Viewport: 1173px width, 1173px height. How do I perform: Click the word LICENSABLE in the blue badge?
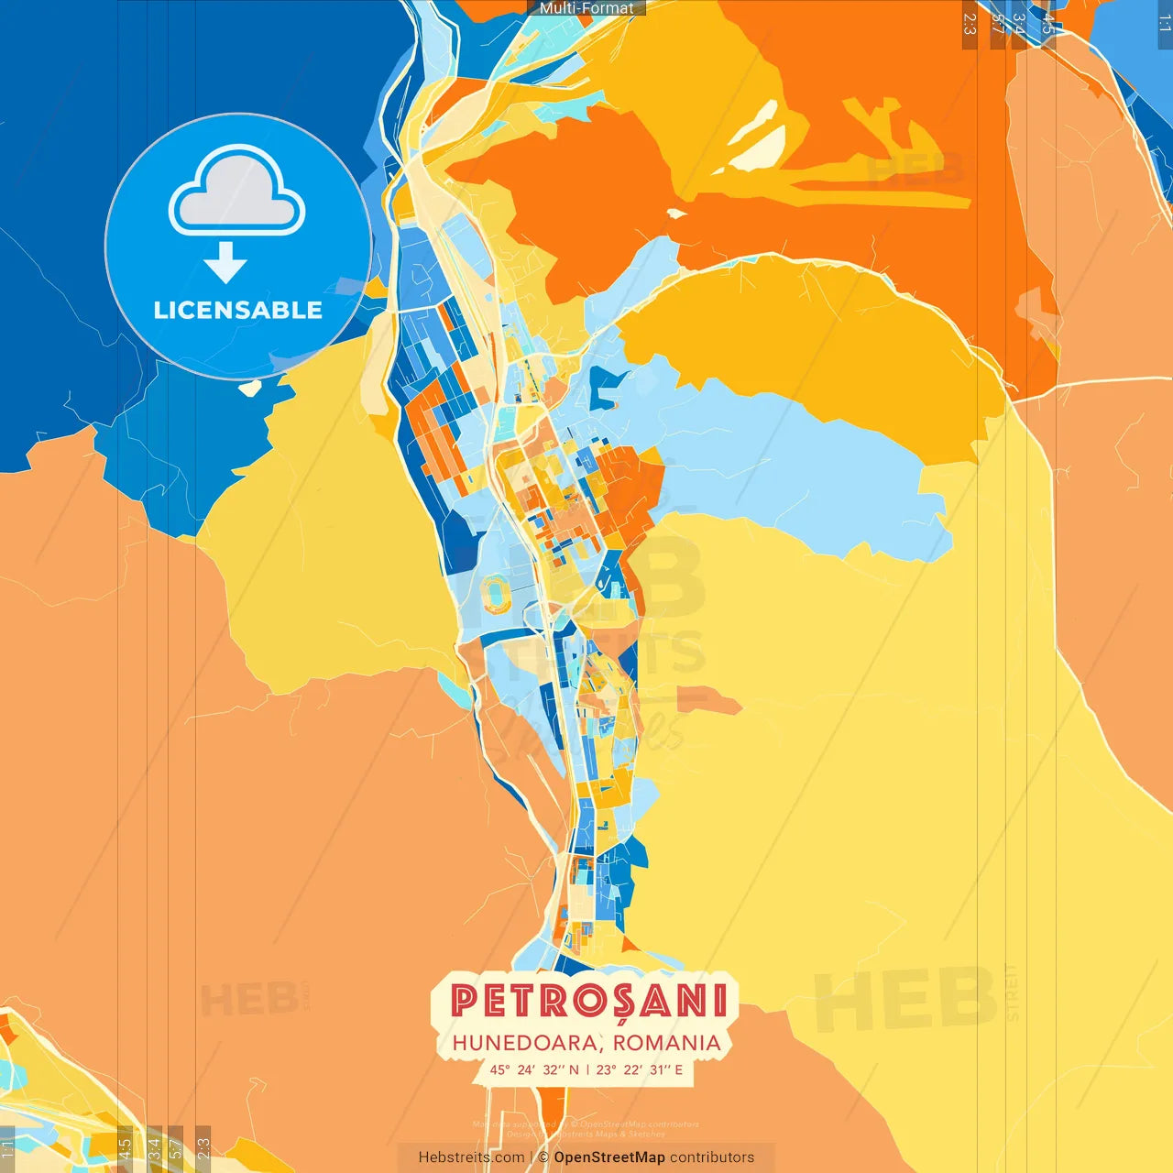click(x=237, y=311)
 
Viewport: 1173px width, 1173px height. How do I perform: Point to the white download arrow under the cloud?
click(x=225, y=263)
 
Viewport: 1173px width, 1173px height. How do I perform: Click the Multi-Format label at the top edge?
click(x=586, y=8)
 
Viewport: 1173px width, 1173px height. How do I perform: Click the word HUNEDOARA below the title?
click(x=526, y=1043)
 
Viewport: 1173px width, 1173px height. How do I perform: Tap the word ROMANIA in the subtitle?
click(x=667, y=1043)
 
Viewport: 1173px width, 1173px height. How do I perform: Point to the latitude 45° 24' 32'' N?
click(x=534, y=1069)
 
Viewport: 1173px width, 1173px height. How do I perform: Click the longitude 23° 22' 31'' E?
click(x=640, y=1069)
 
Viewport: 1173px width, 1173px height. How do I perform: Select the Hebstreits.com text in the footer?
click(x=471, y=1157)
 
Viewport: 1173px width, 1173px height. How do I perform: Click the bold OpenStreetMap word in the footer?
click(x=609, y=1157)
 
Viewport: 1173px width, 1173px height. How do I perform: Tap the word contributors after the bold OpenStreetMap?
click(x=712, y=1157)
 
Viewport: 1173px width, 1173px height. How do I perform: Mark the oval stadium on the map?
click(x=497, y=594)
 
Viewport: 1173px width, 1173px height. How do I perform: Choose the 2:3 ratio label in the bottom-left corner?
click(x=203, y=1148)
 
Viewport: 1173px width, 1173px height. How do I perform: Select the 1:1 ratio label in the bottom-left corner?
click(x=7, y=1148)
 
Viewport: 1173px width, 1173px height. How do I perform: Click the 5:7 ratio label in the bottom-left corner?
click(x=175, y=1148)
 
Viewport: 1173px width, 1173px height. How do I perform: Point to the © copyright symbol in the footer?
click(x=543, y=1157)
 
